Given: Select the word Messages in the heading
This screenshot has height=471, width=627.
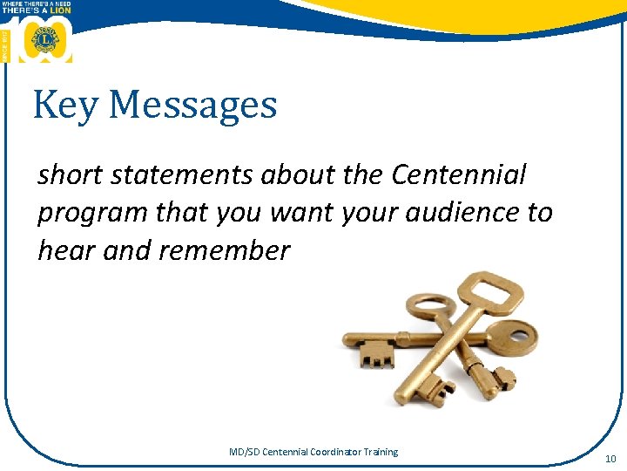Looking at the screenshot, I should [x=193, y=106].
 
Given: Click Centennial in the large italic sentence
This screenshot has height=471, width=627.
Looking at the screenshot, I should [x=459, y=174].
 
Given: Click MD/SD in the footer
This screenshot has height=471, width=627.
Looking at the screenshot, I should [x=243, y=452].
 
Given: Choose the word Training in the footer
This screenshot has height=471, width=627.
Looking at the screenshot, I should [x=381, y=452].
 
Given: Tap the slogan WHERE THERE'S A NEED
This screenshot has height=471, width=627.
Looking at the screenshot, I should [x=37, y=4].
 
